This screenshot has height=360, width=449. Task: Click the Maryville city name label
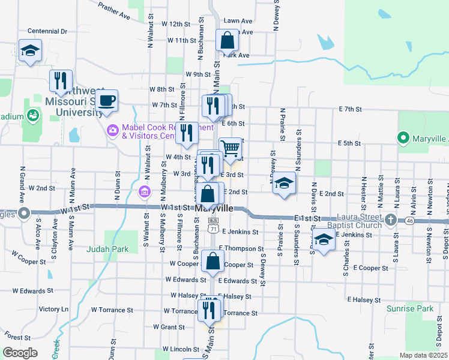click(x=214, y=208)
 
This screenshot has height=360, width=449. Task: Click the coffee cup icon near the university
click(x=107, y=100)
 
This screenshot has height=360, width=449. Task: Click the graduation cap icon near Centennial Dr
click(x=29, y=50)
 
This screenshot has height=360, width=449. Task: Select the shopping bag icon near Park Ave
click(x=228, y=41)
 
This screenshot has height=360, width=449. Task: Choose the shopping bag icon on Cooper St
click(x=212, y=261)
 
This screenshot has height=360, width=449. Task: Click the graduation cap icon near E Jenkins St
click(x=324, y=241)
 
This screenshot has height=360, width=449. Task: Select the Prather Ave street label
click(x=114, y=10)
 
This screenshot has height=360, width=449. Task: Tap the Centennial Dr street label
click(x=47, y=30)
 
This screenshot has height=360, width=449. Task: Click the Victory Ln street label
click(x=54, y=309)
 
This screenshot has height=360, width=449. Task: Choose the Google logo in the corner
click(x=20, y=353)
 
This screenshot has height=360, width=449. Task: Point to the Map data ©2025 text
click(x=423, y=355)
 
